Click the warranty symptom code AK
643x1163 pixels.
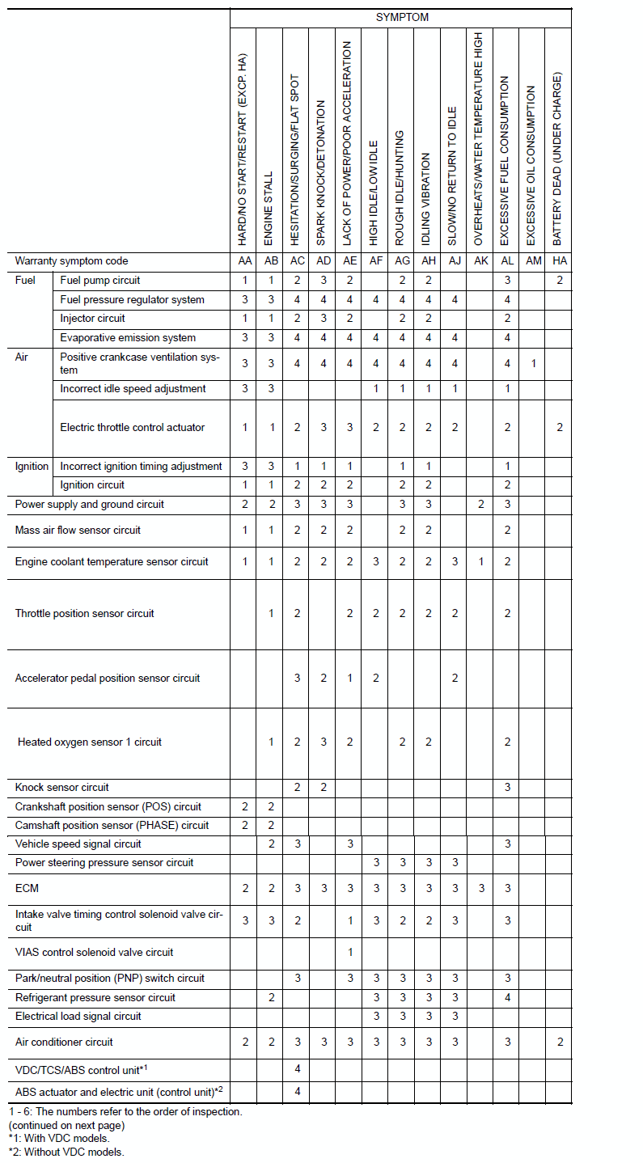[481, 261]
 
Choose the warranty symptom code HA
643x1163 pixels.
[559, 261]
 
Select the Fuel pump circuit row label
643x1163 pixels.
[100, 281]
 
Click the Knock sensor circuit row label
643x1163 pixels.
[61, 787]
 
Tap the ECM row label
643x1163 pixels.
[27, 888]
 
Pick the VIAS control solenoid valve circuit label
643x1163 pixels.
[95, 952]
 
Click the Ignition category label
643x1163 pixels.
[32, 466]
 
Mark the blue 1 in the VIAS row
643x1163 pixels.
[350, 952]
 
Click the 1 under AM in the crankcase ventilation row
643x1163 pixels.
[534, 363]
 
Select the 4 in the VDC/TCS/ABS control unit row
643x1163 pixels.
[298, 1068]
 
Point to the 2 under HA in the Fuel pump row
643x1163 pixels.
[560, 281]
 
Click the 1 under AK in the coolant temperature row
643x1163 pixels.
[481, 561]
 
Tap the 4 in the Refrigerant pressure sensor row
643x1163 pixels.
[508, 997]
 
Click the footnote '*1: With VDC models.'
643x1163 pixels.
[58, 1138]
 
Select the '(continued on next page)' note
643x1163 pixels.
[66, 1125]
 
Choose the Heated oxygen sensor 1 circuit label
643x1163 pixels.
[90, 742]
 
